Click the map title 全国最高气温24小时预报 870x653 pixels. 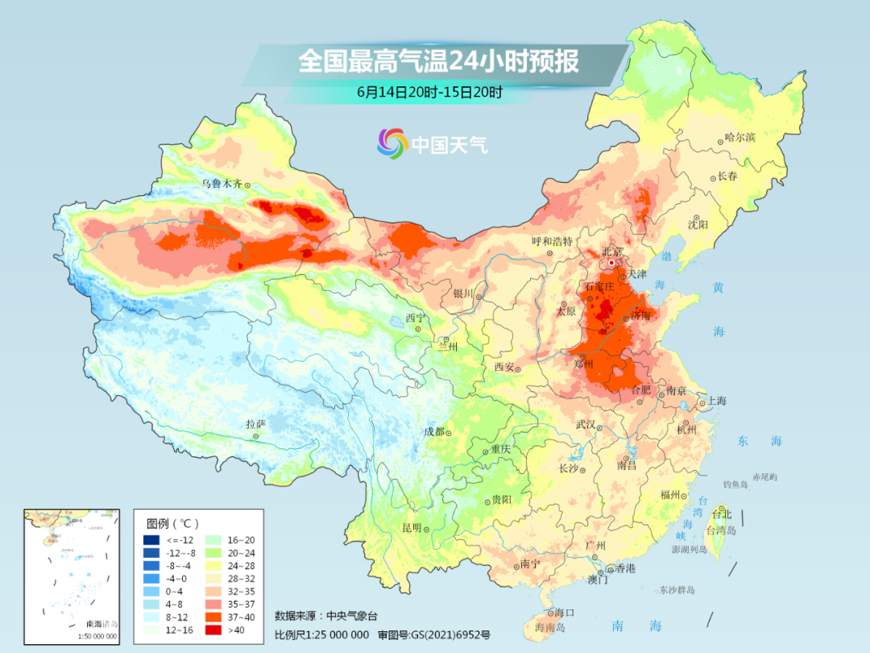point(438,62)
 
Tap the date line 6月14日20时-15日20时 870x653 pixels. point(429,92)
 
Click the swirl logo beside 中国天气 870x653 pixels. point(392,144)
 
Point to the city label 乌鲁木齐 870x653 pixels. point(222,184)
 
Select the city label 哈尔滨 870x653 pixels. point(739,138)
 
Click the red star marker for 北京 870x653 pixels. point(612,263)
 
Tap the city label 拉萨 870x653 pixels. point(255,424)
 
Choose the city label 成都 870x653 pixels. point(434,431)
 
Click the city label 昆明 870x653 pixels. point(412,528)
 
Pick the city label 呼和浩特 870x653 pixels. point(551,241)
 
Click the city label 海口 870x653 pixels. point(565,613)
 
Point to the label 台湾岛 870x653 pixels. point(721,530)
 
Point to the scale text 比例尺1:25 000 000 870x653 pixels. point(321,634)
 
